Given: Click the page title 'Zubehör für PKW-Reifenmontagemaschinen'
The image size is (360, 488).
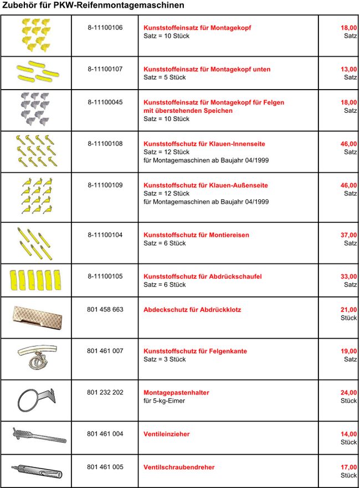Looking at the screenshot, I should pos(93,6).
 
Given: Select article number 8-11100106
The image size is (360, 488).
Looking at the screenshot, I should pos(105,28).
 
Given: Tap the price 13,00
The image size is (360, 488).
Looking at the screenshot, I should pos(348,69).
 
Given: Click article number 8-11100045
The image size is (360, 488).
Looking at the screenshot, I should pos(105,102).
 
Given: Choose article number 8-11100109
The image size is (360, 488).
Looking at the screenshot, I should pos(105,185).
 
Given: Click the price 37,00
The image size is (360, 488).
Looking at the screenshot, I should pos(348,235).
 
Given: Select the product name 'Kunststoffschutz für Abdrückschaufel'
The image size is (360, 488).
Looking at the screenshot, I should pos(203,277).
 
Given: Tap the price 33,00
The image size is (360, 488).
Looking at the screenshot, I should pos(348,277).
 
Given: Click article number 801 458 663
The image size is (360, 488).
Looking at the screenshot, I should pos(105,310).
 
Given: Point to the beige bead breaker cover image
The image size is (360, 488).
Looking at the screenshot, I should pos(36,317).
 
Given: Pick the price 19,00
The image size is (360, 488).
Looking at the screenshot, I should pos(348,351).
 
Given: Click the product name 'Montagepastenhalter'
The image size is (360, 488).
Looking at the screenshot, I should pos(176,393).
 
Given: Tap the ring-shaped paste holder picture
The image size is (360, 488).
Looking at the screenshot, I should pos(34,399).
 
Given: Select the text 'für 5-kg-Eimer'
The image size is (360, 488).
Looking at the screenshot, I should pos(164,401).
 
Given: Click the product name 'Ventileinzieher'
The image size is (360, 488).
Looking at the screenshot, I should pos(166,434).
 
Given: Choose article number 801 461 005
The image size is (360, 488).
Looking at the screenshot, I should pos(105,468).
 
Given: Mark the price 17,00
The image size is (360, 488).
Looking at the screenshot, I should pos(348,468).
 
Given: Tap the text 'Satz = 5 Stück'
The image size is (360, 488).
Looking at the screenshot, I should pos(164,77).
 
